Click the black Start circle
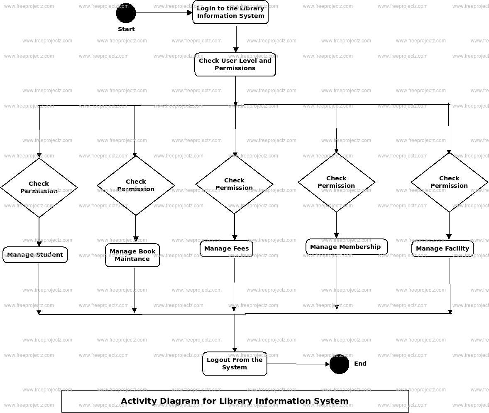coord(126,13)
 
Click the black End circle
coord(339,364)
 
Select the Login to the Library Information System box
coord(230,12)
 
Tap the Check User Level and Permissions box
coord(235,64)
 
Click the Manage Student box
coord(35,255)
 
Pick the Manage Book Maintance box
coord(132,255)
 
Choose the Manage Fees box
coord(226,248)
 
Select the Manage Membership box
coord(346,247)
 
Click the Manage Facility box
coord(442,248)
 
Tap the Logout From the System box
coord(235,364)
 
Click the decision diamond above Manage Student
coord(39,187)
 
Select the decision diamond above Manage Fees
coord(234,184)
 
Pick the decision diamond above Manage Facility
coord(449,182)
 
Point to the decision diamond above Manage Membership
coord(336,182)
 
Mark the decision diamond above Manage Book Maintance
coord(136,185)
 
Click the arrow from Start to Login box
coord(164,13)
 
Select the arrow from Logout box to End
coord(298,364)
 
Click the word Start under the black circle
coord(126,29)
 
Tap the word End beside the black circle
coord(360,364)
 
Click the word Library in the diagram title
coord(236,401)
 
